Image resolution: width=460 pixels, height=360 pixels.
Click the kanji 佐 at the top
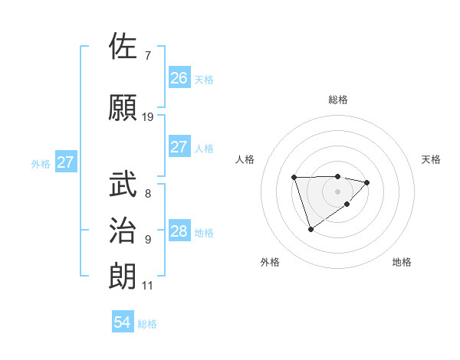[x=123, y=47]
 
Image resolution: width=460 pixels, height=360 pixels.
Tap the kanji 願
[x=123, y=107]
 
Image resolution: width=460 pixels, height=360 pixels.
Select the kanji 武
[x=123, y=184]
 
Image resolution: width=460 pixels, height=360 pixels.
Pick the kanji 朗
[x=123, y=276]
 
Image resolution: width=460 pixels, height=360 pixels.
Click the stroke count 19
[x=148, y=117]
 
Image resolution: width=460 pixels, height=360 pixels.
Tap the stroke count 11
[x=148, y=286]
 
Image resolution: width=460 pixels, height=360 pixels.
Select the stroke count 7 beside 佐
[x=148, y=56]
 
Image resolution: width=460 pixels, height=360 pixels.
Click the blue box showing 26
[x=179, y=77]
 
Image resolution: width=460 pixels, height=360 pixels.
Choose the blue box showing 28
[x=179, y=231]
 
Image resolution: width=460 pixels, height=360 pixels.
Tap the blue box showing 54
[x=123, y=323]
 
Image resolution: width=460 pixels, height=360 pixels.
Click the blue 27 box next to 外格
[x=66, y=162]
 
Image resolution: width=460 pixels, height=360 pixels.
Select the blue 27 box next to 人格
[x=179, y=147]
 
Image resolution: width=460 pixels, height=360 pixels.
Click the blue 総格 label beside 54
[x=148, y=325]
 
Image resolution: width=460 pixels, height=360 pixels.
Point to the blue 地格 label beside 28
[x=204, y=233]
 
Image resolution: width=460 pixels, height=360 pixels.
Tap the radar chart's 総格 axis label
[x=338, y=100]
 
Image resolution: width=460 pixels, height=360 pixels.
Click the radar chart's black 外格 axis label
[x=270, y=263]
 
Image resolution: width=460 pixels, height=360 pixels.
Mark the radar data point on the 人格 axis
[x=294, y=178]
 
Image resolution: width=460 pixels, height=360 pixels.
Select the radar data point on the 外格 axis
[x=310, y=229]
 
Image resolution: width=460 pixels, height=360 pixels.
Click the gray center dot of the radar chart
[x=338, y=190]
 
